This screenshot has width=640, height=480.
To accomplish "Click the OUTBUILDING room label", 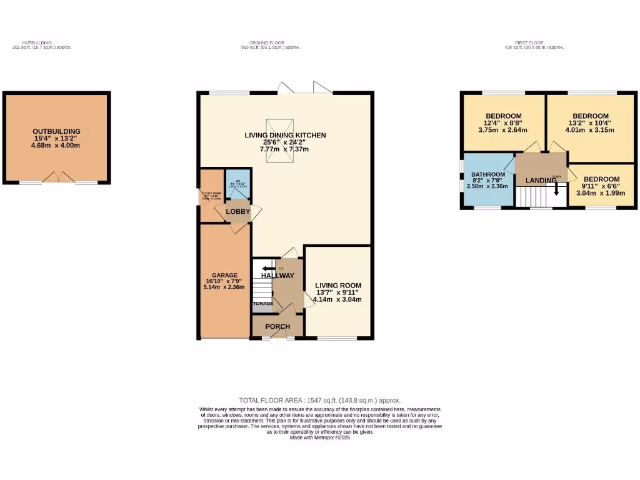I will (56, 131).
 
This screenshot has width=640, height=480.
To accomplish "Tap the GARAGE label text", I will (224, 275).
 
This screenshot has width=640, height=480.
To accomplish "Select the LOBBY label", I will (238, 212).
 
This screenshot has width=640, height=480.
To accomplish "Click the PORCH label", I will (277, 326).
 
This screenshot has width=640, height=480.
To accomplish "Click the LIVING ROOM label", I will (338, 286).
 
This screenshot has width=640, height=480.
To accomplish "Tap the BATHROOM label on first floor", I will (488, 174).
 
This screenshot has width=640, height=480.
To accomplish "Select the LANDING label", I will (541, 181).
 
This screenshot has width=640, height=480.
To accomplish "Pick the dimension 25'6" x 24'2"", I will (285, 142).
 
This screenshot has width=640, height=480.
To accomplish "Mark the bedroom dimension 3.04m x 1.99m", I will (601, 193).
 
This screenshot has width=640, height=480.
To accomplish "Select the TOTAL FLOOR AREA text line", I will (319, 401).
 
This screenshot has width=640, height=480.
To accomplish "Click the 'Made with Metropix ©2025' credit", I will (320, 437).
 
